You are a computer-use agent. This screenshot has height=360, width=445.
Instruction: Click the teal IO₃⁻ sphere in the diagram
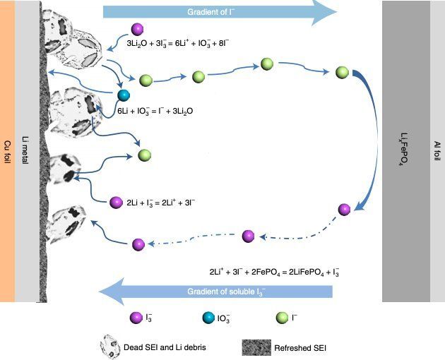pos(124,95)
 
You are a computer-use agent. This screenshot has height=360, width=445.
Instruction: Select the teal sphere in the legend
pos(208,319)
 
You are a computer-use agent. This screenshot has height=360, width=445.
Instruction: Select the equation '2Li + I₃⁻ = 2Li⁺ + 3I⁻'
pos(166,203)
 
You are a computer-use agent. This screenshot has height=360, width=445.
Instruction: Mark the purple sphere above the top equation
pos(138,30)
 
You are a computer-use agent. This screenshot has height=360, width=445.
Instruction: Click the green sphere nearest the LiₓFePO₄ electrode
pos(342,71)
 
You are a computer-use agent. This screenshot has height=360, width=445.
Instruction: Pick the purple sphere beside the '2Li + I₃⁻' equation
pos(116,203)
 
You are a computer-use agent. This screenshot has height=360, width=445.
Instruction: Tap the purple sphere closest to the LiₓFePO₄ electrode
pos(344,209)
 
